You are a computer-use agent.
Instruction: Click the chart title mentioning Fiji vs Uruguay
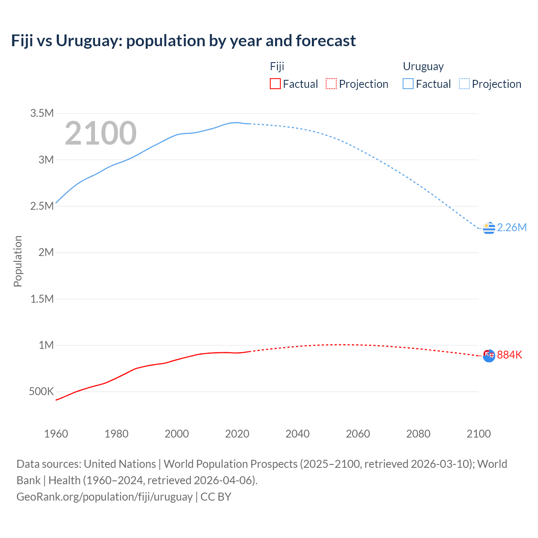[x=183, y=41]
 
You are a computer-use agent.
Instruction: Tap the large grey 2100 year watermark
[x=100, y=133]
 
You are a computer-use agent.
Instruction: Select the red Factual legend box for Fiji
[x=275, y=84]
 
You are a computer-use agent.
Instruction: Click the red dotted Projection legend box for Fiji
[x=331, y=84]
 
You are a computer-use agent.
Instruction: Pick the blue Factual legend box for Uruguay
[x=408, y=84]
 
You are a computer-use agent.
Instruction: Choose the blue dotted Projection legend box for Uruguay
[x=464, y=84]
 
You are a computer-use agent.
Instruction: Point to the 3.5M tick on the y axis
[x=42, y=113]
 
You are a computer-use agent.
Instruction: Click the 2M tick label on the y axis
[x=46, y=252]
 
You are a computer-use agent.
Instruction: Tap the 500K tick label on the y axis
[x=42, y=391]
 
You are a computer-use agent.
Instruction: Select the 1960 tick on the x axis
[x=56, y=434]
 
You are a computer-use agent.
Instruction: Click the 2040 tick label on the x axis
[x=298, y=434]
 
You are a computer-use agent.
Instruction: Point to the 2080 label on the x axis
[x=418, y=434]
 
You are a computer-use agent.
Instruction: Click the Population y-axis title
[x=18, y=261]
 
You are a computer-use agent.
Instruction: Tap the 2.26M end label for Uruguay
[x=512, y=227]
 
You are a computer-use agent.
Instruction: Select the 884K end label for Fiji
[x=509, y=355]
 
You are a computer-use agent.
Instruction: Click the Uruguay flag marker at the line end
[x=489, y=228]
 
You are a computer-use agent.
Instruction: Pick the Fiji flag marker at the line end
[x=489, y=356]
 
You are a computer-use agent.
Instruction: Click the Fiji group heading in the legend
[x=277, y=66]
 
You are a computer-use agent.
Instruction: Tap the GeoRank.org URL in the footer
[x=104, y=496]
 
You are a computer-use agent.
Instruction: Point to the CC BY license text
[x=216, y=496]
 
